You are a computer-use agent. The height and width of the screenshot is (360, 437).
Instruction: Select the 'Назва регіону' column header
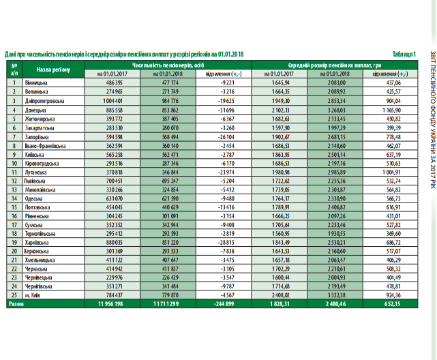coord(52,70)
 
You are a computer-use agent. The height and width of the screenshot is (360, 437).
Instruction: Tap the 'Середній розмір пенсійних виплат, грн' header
coord(333,64)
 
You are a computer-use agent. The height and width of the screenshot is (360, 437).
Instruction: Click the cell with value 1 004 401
coord(110,100)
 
